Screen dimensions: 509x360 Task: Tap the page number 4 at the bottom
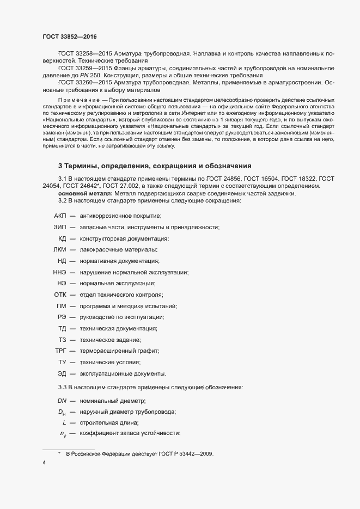pyautogui.click(x=44, y=463)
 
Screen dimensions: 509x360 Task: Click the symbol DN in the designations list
pyautogui.click(x=62, y=401)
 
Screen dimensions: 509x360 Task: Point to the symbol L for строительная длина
pyautogui.click(x=64, y=422)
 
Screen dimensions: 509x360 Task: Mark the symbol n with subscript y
pyautogui.click(x=63, y=433)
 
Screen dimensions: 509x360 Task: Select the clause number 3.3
pyautogui.click(x=62, y=387)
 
